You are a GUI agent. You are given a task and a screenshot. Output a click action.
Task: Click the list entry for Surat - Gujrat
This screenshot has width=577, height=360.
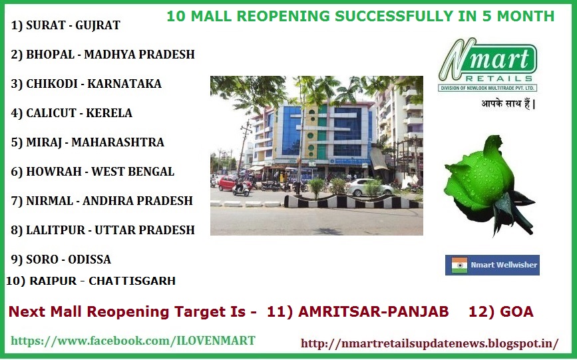point(66,26)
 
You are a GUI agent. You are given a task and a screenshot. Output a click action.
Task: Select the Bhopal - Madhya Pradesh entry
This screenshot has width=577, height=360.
point(103,55)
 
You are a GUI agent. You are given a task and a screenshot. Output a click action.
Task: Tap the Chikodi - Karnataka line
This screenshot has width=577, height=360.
point(87,84)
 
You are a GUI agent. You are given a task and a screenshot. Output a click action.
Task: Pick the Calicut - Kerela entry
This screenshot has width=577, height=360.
point(72,113)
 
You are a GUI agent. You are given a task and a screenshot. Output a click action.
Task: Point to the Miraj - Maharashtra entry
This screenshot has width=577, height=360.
point(87,142)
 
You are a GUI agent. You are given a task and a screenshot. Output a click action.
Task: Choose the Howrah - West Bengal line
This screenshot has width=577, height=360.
point(93,172)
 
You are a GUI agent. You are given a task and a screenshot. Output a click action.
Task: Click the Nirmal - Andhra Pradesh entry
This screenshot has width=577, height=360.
point(102,201)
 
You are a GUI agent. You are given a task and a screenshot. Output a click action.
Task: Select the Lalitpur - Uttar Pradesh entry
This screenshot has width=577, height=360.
point(103,230)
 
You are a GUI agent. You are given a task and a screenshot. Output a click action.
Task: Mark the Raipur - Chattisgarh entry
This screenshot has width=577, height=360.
point(91,281)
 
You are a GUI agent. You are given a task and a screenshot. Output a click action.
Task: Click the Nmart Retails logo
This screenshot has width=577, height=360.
point(487,65)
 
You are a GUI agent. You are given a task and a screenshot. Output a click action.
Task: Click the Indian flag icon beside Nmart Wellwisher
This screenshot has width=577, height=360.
point(459,265)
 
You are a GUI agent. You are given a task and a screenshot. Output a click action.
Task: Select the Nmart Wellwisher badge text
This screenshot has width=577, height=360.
point(504,265)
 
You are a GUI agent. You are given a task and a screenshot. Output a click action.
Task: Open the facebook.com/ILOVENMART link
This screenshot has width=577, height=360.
point(133,341)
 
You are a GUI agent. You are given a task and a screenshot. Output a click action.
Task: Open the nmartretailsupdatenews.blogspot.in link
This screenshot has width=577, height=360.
point(429,343)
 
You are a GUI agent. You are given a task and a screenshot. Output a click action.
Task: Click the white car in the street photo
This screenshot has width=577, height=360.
point(369,187)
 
